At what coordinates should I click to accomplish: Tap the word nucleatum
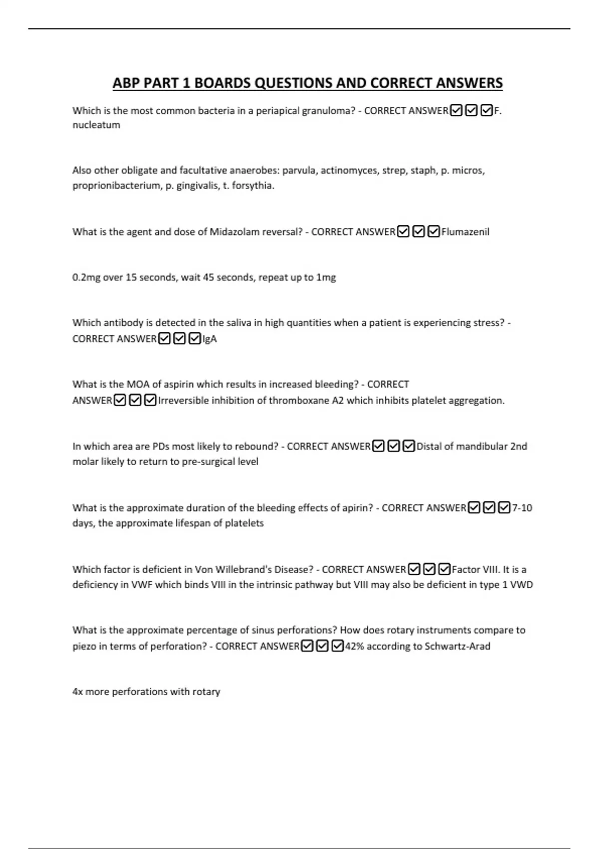click(96, 125)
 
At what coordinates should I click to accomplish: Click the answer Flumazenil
click(465, 232)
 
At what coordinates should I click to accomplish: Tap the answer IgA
click(210, 339)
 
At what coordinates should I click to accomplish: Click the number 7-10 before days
click(522, 508)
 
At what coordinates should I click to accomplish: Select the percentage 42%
click(355, 646)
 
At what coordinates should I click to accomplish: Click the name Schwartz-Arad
click(457, 646)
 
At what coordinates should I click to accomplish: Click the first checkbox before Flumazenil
click(403, 232)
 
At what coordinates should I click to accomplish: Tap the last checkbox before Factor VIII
click(444, 569)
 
